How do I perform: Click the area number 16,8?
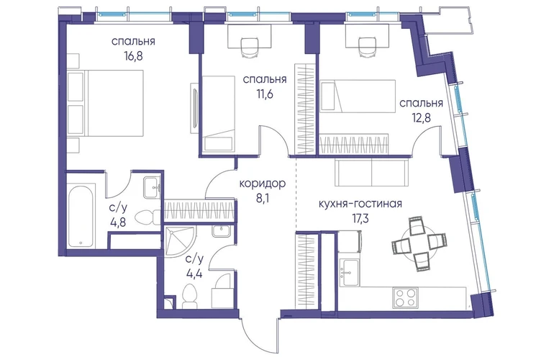pos(133,56)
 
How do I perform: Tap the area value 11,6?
pos(265,94)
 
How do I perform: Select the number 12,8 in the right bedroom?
pos(421,117)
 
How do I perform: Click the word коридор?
pos(262,184)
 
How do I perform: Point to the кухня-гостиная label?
pos(360,204)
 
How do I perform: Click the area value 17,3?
pos(359,219)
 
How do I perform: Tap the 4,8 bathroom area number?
pos(118,222)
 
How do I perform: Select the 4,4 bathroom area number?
pos(194,274)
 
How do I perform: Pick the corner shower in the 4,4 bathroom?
pos(178,241)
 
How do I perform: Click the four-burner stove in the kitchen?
pos(406,297)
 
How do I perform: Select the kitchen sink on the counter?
pos(349,269)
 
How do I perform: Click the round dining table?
pos(419,244)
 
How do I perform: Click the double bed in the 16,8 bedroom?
pos(105,103)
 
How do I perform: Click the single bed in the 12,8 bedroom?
pos(357,96)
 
